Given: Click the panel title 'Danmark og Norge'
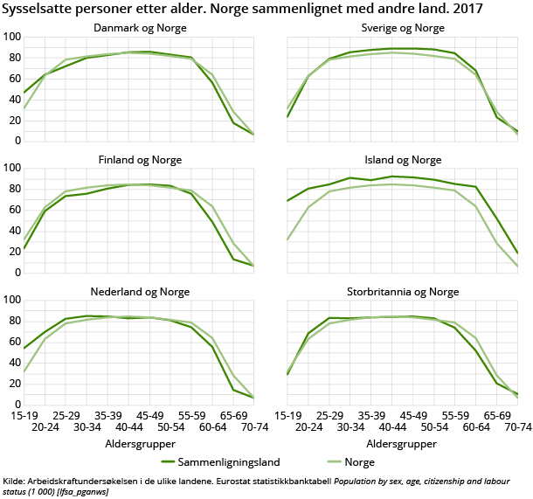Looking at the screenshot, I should pyautogui.click(x=140, y=27).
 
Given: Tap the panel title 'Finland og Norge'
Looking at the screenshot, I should pyautogui.click(x=140, y=159).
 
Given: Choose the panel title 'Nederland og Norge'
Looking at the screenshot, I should pyautogui.click(x=140, y=290).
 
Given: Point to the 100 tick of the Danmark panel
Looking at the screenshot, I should pyautogui.click(x=11, y=38).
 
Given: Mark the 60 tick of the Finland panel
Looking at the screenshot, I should pyautogui.click(x=14, y=210).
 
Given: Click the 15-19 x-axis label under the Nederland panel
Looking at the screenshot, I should pyautogui.click(x=24, y=415).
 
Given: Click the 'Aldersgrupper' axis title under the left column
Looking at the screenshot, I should pyautogui.click(x=140, y=443).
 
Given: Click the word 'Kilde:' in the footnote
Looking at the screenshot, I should pyautogui.click(x=15, y=480).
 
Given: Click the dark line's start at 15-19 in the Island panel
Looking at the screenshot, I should pyautogui.click(x=287, y=201).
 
